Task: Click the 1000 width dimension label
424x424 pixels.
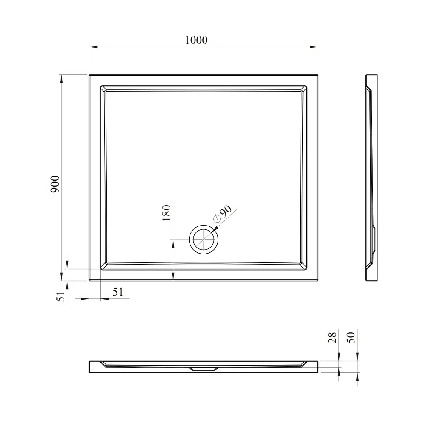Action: [196, 40]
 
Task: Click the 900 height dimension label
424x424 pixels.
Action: [55, 184]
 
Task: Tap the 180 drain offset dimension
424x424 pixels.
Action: [167, 213]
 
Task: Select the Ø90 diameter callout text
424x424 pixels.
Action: [223, 214]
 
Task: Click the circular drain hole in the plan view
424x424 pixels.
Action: [204, 240]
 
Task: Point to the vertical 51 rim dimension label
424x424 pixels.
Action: [61, 296]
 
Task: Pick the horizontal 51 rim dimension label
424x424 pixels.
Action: [118, 292]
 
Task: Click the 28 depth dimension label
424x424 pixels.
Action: [332, 338]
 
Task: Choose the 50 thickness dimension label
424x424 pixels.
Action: [351, 338]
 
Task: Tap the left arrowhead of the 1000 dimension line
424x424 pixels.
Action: [93, 47]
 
